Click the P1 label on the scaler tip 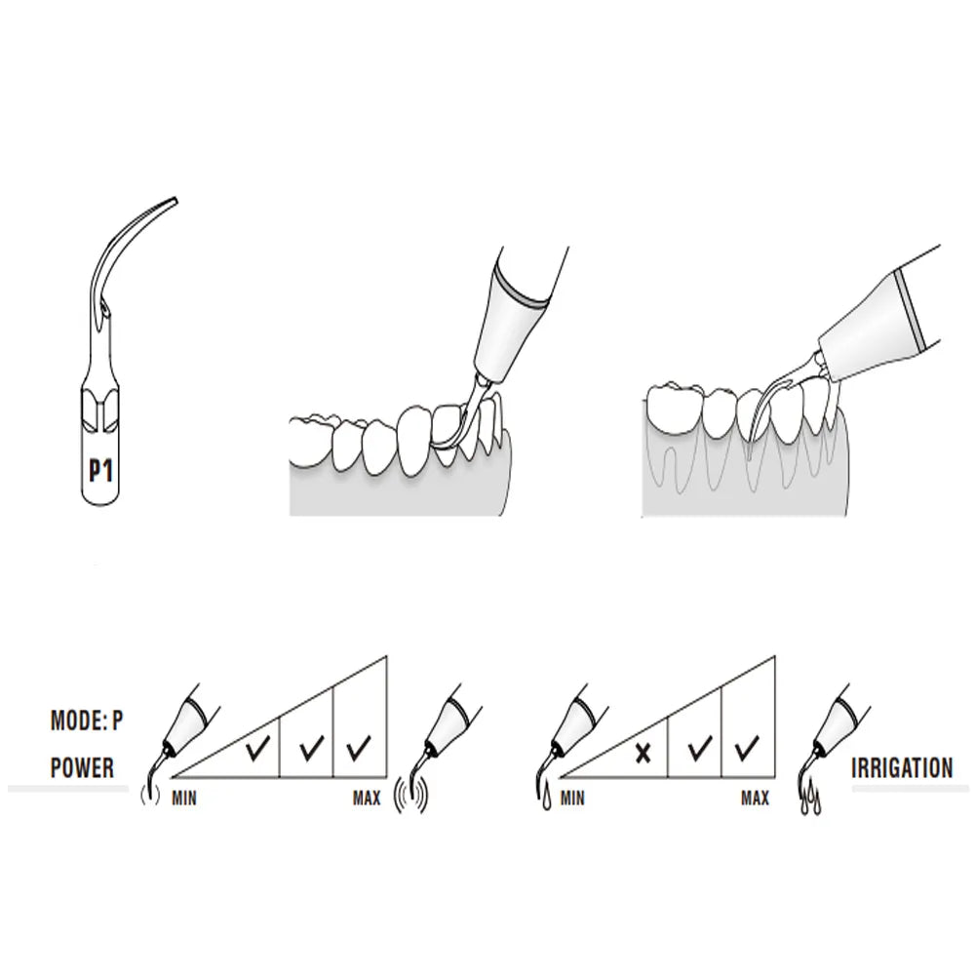100,471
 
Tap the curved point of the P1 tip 175,200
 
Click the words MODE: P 87,721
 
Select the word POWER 82,768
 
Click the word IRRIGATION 902,768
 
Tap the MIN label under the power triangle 184,798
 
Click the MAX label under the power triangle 367,798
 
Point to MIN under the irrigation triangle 572,798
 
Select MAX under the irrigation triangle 755,798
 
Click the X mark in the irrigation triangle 643,754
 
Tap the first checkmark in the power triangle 258,748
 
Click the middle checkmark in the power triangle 311,748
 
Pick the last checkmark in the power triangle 359,748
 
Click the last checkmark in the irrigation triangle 746,748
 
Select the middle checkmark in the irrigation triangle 699,748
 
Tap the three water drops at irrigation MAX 809,801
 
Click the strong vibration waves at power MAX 411,796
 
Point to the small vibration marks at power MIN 150,795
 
